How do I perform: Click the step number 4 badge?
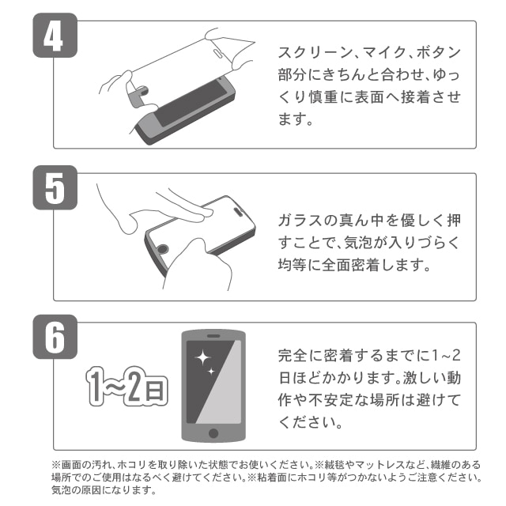(55, 35)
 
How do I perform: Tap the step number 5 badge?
(55, 187)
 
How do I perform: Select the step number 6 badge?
(55, 337)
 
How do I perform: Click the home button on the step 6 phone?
(213, 432)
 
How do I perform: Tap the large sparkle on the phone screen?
(202, 357)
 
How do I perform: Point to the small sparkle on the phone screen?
(211, 372)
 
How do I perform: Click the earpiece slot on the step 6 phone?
(213, 336)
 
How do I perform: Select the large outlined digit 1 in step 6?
(96, 386)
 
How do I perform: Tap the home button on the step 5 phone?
(162, 249)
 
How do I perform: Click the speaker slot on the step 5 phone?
(239, 211)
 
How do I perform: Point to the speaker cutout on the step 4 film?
(217, 52)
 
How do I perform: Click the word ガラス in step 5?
(300, 221)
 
